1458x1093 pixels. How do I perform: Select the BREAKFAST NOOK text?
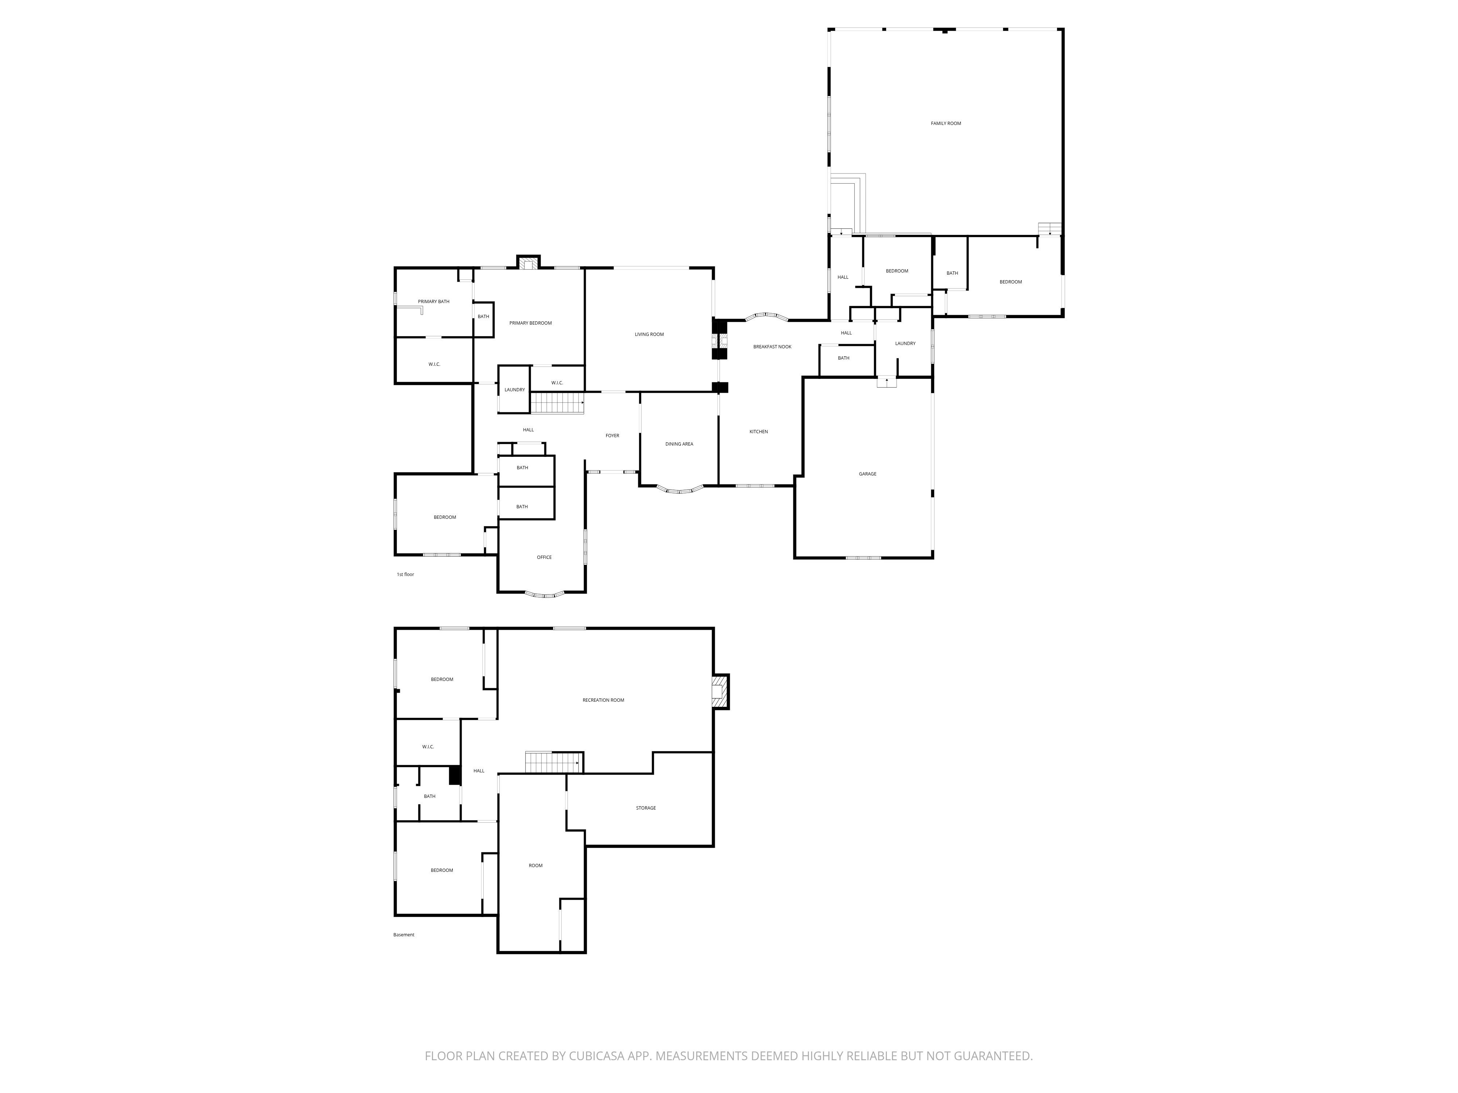tap(772, 346)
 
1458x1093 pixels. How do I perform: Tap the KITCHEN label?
tap(758, 431)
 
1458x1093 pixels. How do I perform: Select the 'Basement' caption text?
tap(404, 935)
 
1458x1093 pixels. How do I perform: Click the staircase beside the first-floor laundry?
tap(557, 403)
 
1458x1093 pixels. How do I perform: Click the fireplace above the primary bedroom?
tap(527, 263)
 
